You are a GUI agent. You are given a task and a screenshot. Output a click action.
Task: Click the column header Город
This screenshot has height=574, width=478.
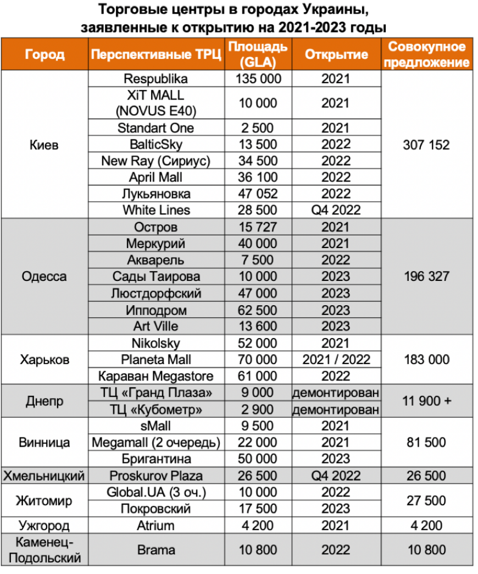pyautogui.click(x=45, y=54)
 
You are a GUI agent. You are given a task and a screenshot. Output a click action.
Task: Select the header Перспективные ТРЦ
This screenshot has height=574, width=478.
pyautogui.click(x=156, y=54)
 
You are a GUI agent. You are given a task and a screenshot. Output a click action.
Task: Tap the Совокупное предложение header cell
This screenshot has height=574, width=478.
pyautogui.click(x=427, y=54)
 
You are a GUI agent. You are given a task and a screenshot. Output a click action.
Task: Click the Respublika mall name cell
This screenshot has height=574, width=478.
pyautogui.click(x=156, y=79)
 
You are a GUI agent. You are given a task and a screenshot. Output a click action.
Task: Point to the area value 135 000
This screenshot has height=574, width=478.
pyautogui.click(x=258, y=79)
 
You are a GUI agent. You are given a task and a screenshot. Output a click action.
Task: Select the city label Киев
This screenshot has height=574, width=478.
pyautogui.click(x=45, y=146)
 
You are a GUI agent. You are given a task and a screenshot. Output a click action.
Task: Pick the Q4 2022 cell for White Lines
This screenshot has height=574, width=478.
pyautogui.click(x=335, y=210)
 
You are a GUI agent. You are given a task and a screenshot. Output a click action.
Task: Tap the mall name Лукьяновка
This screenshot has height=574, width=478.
pyautogui.click(x=156, y=194)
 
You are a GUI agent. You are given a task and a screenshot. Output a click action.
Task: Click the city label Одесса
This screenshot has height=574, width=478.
pyautogui.click(x=45, y=276)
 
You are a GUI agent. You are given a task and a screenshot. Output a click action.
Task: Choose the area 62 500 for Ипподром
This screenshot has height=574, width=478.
pyautogui.click(x=258, y=310)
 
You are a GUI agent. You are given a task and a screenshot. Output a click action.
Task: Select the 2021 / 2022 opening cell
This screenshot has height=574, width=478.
pyautogui.click(x=336, y=360)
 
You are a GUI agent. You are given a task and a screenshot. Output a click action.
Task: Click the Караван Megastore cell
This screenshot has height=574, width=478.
pyautogui.click(x=156, y=376)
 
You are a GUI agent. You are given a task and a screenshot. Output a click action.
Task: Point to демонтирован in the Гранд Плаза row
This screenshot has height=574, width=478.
pyautogui.click(x=336, y=393)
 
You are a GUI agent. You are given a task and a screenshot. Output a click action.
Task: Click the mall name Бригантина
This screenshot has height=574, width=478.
pyautogui.click(x=156, y=459)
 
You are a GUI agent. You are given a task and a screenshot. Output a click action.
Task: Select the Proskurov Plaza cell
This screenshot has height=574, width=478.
pyautogui.click(x=156, y=476)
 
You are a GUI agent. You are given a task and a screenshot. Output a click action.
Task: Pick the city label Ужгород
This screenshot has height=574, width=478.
pyautogui.click(x=45, y=526)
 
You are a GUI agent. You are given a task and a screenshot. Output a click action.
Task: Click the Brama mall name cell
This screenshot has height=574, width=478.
pyautogui.click(x=156, y=550)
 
